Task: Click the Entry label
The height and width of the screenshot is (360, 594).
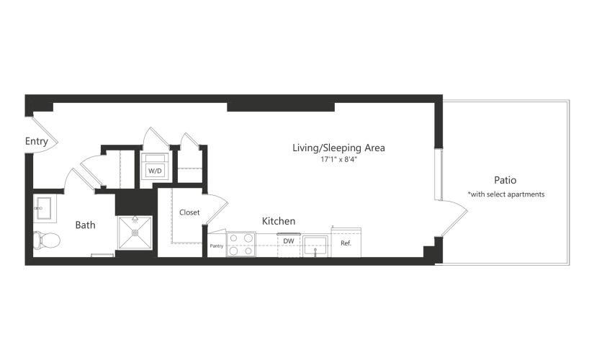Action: tap(37, 142)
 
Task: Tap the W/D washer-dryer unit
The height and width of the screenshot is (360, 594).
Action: tap(155, 166)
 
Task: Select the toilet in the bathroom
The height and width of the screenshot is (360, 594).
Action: tap(47, 240)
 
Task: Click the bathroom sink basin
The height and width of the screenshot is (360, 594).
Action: tap(45, 208)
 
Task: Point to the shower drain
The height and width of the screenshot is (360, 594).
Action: tap(135, 233)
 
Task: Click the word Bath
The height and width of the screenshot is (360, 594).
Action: tap(85, 225)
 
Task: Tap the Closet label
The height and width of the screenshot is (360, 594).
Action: tap(189, 212)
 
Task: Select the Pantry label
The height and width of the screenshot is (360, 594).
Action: tap(217, 246)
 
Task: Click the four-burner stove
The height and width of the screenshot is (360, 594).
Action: tap(241, 244)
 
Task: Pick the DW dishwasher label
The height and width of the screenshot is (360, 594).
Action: tap(289, 241)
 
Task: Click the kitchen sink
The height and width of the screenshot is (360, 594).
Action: tap(315, 246)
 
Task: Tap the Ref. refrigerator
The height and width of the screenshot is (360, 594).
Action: tap(346, 243)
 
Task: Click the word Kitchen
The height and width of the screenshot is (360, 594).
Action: tap(279, 221)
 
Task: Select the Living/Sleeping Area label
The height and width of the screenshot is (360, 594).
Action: tap(338, 148)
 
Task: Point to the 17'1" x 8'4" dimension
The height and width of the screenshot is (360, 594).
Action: tap(339, 160)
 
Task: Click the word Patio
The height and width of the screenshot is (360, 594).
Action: tap(505, 180)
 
